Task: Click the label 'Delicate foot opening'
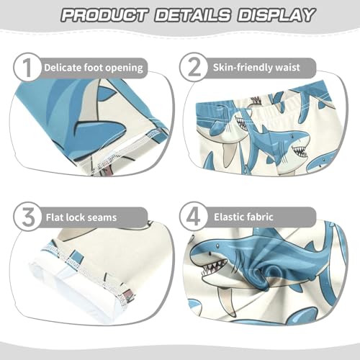coord(93,68)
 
